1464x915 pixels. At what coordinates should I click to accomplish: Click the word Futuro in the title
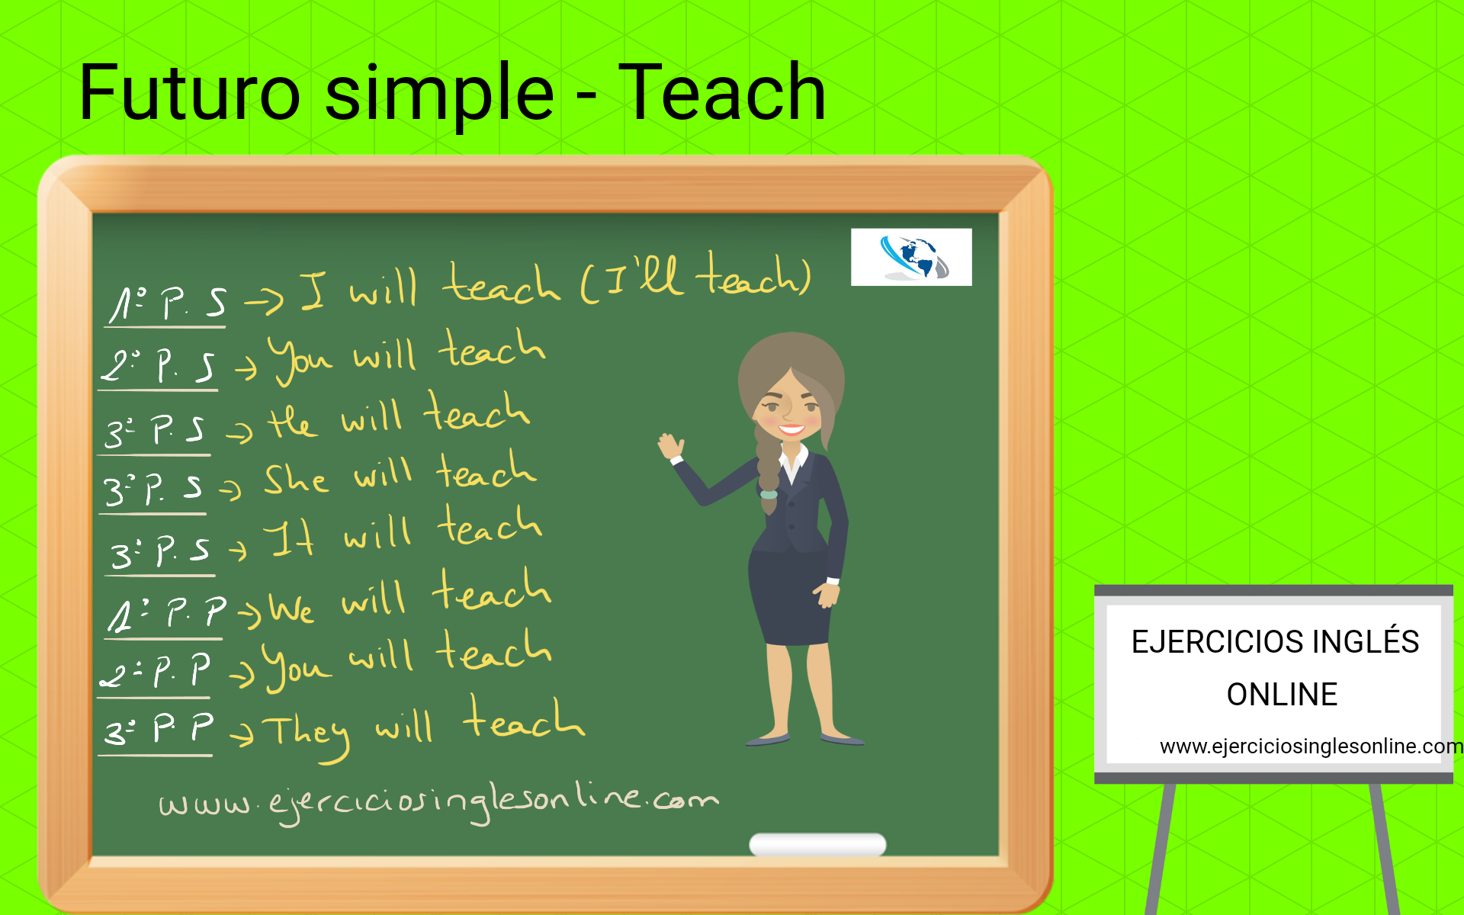click(190, 93)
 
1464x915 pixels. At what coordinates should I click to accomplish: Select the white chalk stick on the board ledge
click(817, 844)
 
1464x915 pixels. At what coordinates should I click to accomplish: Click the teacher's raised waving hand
click(671, 446)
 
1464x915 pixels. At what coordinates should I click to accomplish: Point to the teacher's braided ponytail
click(767, 465)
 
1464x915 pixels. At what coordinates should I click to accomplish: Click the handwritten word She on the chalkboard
click(296, 480)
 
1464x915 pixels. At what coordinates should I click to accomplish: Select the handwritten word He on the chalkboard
click(292, 421)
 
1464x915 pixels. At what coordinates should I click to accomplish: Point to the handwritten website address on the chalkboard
click(438, 801)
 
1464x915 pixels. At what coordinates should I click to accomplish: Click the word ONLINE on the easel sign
click(1282, 695)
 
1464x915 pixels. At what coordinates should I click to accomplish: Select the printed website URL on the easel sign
click(1310, 746)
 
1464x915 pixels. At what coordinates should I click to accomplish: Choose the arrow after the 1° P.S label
click(264, 302)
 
